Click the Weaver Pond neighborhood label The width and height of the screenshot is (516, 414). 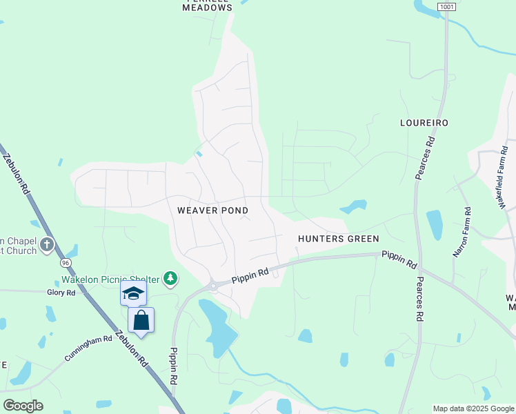click(x=212, y=210)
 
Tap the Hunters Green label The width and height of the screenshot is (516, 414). click(x=338, y=239)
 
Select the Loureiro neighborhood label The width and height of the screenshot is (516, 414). click(x=424, y=123)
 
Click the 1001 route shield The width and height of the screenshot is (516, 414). click(x=446, y=6)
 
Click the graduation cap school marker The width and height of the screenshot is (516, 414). click(x=133, y=293)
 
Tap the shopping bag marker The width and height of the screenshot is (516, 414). click(x=141, y=320)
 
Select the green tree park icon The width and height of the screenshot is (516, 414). click(x=170, y=279)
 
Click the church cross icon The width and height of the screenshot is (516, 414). click(x=47, y=244)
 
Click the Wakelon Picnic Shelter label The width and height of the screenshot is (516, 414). click(x=109, y=279)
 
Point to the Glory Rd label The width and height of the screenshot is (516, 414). click(x=61, y=293)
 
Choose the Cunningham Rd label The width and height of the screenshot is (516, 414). click(x=88, y=348)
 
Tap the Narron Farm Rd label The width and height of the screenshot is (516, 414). click(x=461, y=233)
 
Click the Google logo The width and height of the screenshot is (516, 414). click(x=23, y=406)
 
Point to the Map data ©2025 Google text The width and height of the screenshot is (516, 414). click(x=473, y=408)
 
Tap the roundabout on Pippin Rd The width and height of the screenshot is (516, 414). click(x=213, y=285)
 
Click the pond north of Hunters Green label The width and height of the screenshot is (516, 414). click(x=353, y=206)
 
